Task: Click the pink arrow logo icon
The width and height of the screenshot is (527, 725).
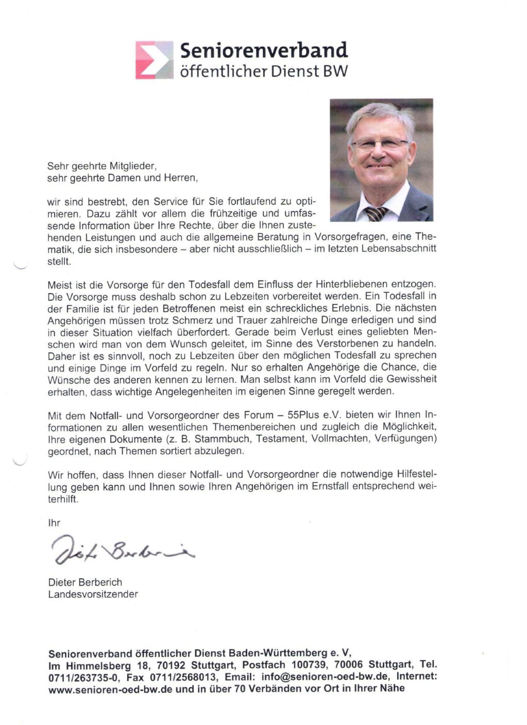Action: click(x=154, y=60)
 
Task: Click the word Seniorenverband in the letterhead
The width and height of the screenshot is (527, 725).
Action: click(x=264, y=50)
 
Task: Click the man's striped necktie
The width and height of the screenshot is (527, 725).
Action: click(x=376, y=213)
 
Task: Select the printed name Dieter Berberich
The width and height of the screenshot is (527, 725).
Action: click(x=85, y=582)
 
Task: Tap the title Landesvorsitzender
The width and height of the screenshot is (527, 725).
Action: click(x=93, y=594)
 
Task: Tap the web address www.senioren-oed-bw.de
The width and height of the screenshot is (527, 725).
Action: click(x=110, y=688)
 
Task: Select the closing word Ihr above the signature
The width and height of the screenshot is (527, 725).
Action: click(x=54, y=523)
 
